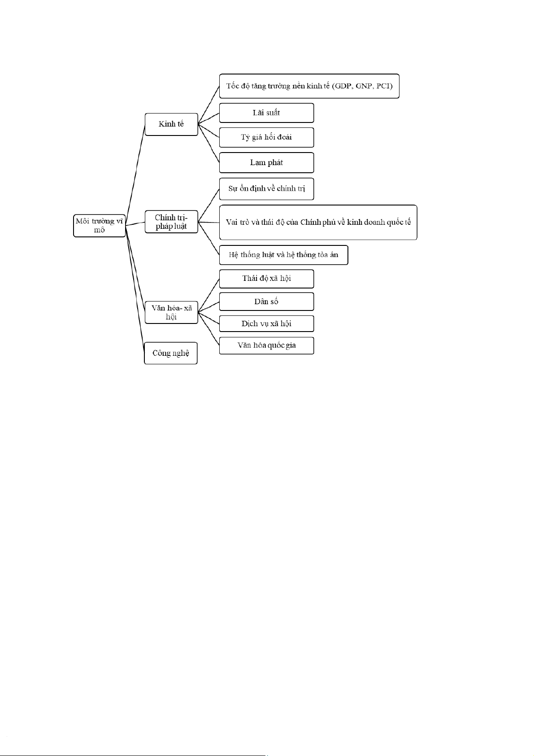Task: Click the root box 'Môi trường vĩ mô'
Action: pos(99,225)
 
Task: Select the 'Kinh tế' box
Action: pos(171,124)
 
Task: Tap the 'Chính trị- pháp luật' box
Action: pos(171,222)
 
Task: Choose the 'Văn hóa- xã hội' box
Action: pos(171,312)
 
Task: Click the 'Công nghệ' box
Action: pos(171,353)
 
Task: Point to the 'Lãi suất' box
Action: pos(266,113)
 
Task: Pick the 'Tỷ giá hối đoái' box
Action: pos(266,137)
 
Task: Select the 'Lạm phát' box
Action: pos(266,163)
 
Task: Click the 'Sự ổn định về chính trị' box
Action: pos(266,189)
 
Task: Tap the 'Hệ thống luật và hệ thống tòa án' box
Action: pos(283,255)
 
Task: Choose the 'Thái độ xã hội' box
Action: pos(266,279)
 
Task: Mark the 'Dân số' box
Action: pos(266,302)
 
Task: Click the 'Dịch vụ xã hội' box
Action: pos(266,323)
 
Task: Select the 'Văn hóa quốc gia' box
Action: pos(266,345)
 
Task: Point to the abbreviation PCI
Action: pos(383,86)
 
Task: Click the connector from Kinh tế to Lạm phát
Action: pos(208,144)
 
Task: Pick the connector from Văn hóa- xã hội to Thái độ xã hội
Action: pos(208,295)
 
